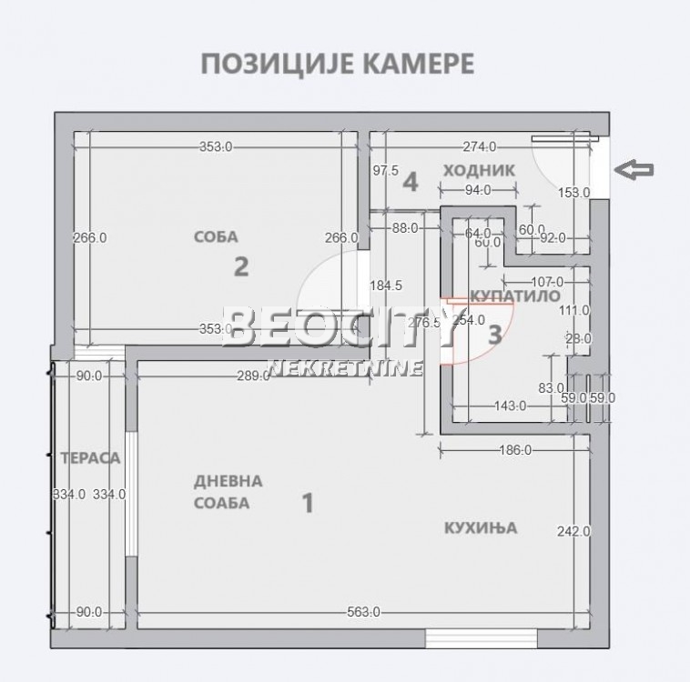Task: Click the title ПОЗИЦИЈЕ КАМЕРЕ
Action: tap(335, 65)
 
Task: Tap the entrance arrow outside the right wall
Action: tap(634, 168)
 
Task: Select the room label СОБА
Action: tap(216, 237)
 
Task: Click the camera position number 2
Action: tap(241, 266)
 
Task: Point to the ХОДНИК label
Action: tap(479, 170)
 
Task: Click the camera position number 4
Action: tap(411, 182)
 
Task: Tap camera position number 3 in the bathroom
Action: tap(494, 334)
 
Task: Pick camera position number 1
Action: tap(308, 502)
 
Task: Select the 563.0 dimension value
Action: tap(363, 612)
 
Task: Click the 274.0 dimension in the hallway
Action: tap(480, 146)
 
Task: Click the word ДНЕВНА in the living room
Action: tap(228, 481)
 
